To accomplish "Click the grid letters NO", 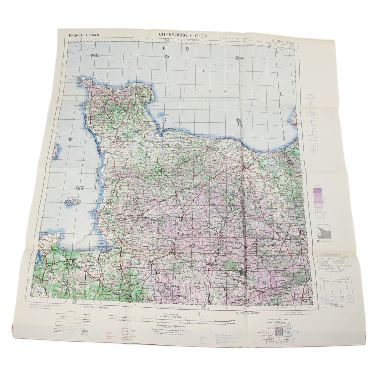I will coord(96,55).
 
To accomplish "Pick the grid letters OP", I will coord(238,58).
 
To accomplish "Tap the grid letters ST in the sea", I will coord(79,188).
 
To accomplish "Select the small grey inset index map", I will coord(323,233).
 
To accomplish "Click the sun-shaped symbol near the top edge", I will coord(188,49).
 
